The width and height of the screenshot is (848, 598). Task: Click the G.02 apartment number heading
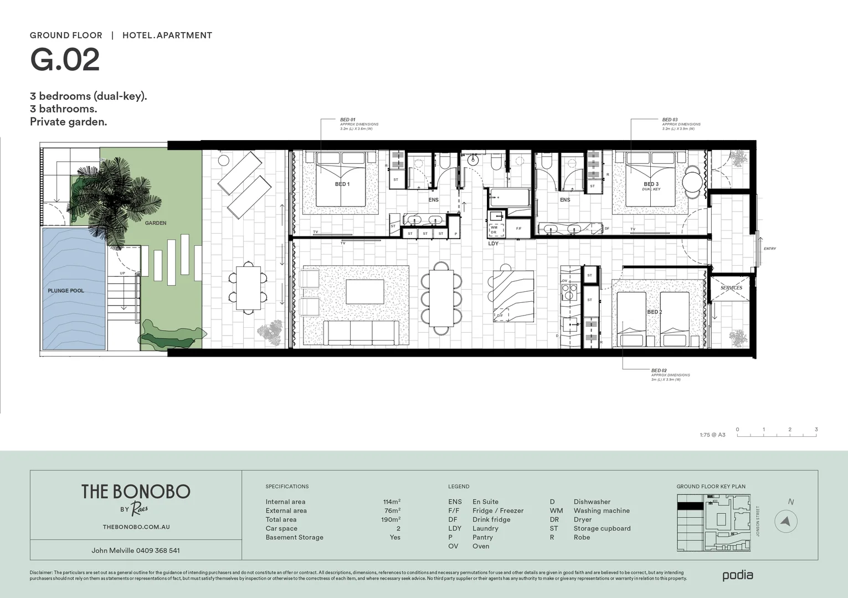65,60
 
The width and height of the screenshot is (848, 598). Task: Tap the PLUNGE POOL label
66,291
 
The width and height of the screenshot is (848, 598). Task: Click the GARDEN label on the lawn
156,223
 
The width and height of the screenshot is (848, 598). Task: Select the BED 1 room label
342,184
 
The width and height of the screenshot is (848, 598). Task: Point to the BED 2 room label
655,312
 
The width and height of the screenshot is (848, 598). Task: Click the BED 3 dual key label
651,186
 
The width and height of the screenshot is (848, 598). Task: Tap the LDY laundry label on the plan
493,244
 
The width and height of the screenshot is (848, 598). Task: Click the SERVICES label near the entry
731,288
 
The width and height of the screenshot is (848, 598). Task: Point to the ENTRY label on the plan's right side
770,249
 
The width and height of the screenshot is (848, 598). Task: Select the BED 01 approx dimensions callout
358,124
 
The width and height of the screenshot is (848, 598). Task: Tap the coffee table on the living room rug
365,292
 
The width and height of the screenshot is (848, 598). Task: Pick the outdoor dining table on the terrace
248,288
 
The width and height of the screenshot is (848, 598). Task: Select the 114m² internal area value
392,502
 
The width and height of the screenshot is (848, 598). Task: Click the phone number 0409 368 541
158,550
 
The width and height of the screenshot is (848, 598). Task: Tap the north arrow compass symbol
786,521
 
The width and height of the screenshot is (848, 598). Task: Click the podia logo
737,575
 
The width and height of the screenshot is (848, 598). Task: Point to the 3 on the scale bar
816,430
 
